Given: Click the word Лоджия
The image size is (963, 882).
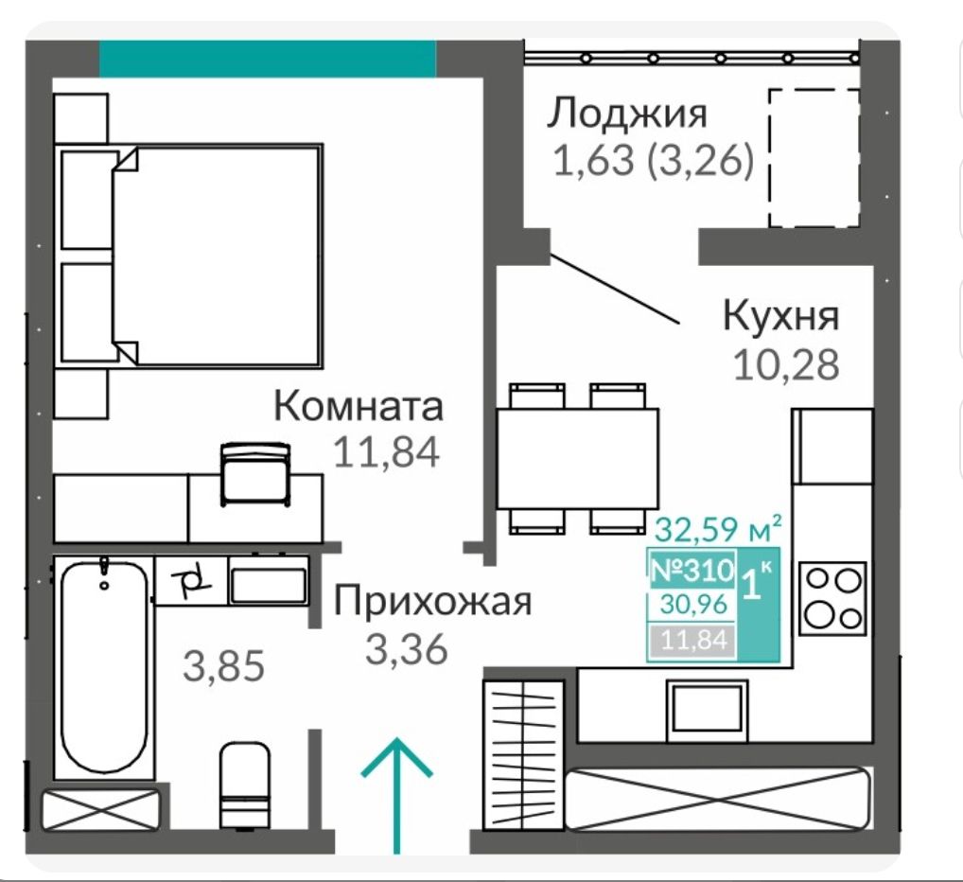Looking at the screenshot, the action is tap(627, 114).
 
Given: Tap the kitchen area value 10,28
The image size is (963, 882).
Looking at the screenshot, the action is tap(786, 364).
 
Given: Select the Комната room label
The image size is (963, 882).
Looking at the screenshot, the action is tap(359, 406).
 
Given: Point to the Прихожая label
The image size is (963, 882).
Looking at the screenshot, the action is tap(432, 601).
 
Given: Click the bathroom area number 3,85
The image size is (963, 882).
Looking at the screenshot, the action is tap(224, 666).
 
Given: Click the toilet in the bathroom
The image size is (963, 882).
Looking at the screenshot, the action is tap(244, 785).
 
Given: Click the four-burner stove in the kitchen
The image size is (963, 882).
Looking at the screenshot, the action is tap(832, 598).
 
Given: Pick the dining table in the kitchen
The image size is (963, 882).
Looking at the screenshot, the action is tap(577, 458).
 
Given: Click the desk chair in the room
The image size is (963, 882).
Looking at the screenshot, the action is tap(254, 474).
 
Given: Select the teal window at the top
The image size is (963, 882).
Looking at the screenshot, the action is tap(268, 59).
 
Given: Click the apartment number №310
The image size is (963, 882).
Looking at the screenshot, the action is tap(692, 571).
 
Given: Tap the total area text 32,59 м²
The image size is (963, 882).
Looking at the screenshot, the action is tap(719, 529).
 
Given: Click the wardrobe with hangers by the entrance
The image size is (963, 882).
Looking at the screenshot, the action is tap(523, 755).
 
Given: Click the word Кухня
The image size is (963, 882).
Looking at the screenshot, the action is tap(780, 316).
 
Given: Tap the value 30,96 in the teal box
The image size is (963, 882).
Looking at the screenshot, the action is tap(694, 605).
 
